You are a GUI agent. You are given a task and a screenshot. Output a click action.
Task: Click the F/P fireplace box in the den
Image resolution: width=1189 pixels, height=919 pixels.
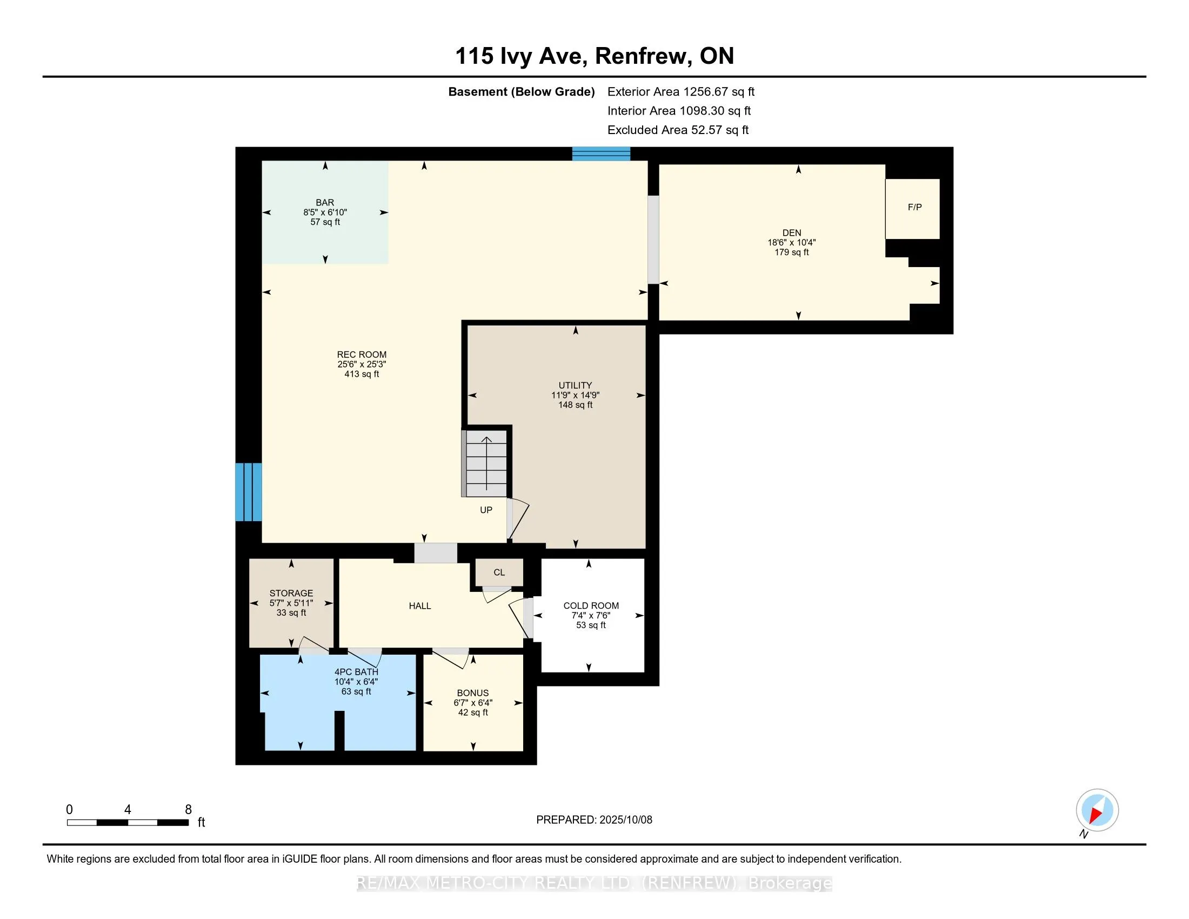pyautogui.click(x=912, y=209)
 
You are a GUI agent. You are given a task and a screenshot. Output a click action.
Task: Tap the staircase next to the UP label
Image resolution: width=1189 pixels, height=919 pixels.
pyautogui.click(x=485, y=463)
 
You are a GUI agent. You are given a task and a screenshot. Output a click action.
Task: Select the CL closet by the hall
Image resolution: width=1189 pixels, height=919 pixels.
pyautogui.click(x=499, y=572)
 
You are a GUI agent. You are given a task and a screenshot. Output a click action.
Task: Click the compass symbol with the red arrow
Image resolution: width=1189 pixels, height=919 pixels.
pyautogui.click(x=1097, y=810)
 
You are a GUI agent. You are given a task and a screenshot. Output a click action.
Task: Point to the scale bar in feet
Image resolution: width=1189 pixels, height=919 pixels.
pyautogui.click(x=128, y=823)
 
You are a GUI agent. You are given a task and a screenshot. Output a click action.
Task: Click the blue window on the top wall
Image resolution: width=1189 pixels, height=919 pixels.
pyautogui.click(x=601, y=154)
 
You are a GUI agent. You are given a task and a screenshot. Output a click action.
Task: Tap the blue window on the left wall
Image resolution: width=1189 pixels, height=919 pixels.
pyautogui.click(x=249, y=492)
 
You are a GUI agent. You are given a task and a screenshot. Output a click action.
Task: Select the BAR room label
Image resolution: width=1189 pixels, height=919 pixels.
pyautogui.click(x=325, y=203)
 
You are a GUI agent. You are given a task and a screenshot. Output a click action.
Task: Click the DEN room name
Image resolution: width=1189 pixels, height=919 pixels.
pyautogui.click(x=792, y=232)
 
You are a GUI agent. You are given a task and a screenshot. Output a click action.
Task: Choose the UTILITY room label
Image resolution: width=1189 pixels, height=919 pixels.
pyautogui.click(x=576, y=385)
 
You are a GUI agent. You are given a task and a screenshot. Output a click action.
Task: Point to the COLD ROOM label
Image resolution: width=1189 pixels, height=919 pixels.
pyautogui.click(x=591, y=605)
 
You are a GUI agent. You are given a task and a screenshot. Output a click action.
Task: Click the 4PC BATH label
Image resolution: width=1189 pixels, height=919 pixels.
pyautogui.click(x=356, y=672)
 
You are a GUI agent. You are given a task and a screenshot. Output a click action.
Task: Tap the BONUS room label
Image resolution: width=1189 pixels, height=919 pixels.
pyautogui.click(x=472, y=693)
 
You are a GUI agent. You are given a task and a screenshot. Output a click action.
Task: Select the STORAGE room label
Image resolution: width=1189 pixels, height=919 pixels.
pyautogui.click(x=291, y=593)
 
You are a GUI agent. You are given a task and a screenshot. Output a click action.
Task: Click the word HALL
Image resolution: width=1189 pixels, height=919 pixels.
pyautogui.click(x=420, y=606)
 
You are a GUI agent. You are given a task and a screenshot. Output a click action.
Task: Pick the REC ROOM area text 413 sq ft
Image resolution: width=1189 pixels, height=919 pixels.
pyautogui.click(x=362, y=374)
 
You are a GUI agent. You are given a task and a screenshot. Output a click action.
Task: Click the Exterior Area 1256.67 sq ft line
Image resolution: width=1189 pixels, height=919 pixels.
pyautogui.click(x=681, y=92)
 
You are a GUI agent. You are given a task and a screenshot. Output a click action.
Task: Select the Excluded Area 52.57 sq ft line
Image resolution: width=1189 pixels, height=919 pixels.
pyautogui.click(x=678, y=130)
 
